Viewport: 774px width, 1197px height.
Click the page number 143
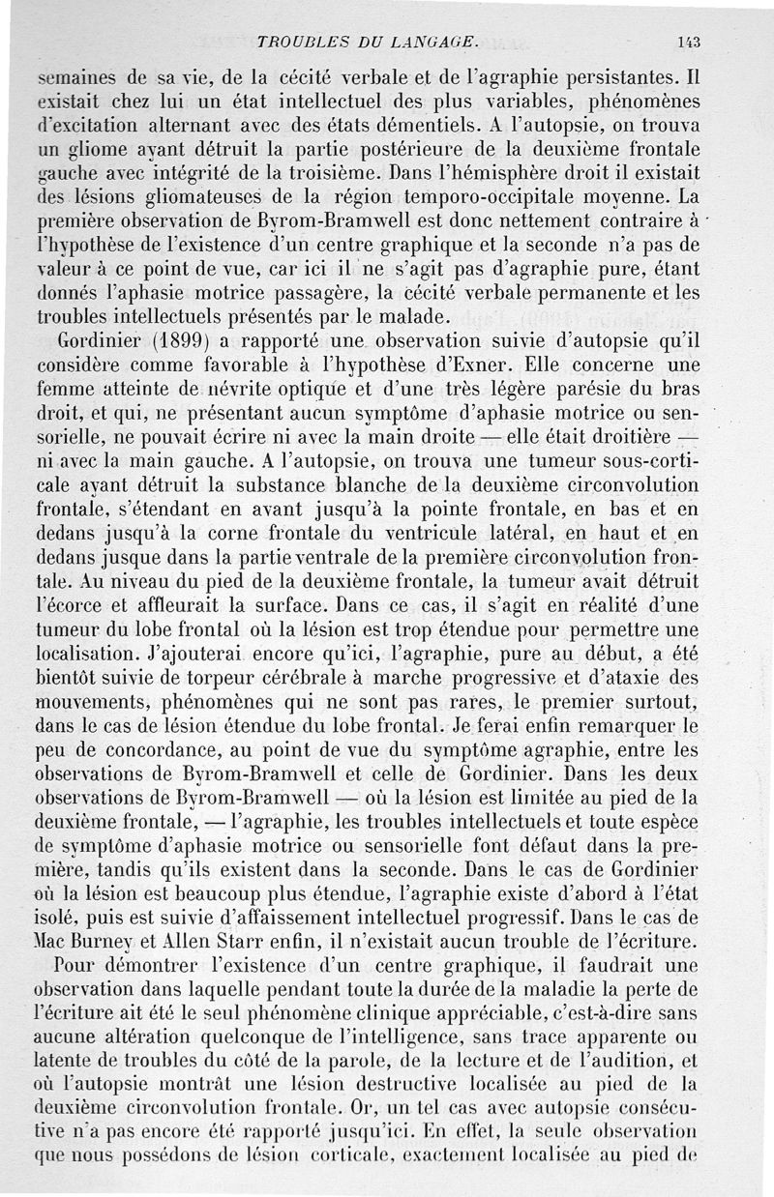coord(689,41)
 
